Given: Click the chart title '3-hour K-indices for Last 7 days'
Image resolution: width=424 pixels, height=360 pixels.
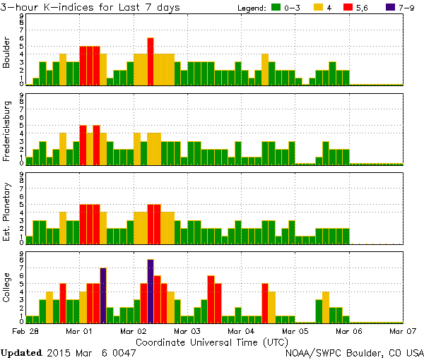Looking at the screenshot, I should [x=90, y=7].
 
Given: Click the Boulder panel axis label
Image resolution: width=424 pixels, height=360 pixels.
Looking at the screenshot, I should [x=7, y=50].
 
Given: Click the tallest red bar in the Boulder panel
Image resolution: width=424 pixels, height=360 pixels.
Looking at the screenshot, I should [x=151, y=61].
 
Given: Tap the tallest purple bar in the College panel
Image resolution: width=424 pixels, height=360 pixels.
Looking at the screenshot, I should [x=151, y=290].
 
